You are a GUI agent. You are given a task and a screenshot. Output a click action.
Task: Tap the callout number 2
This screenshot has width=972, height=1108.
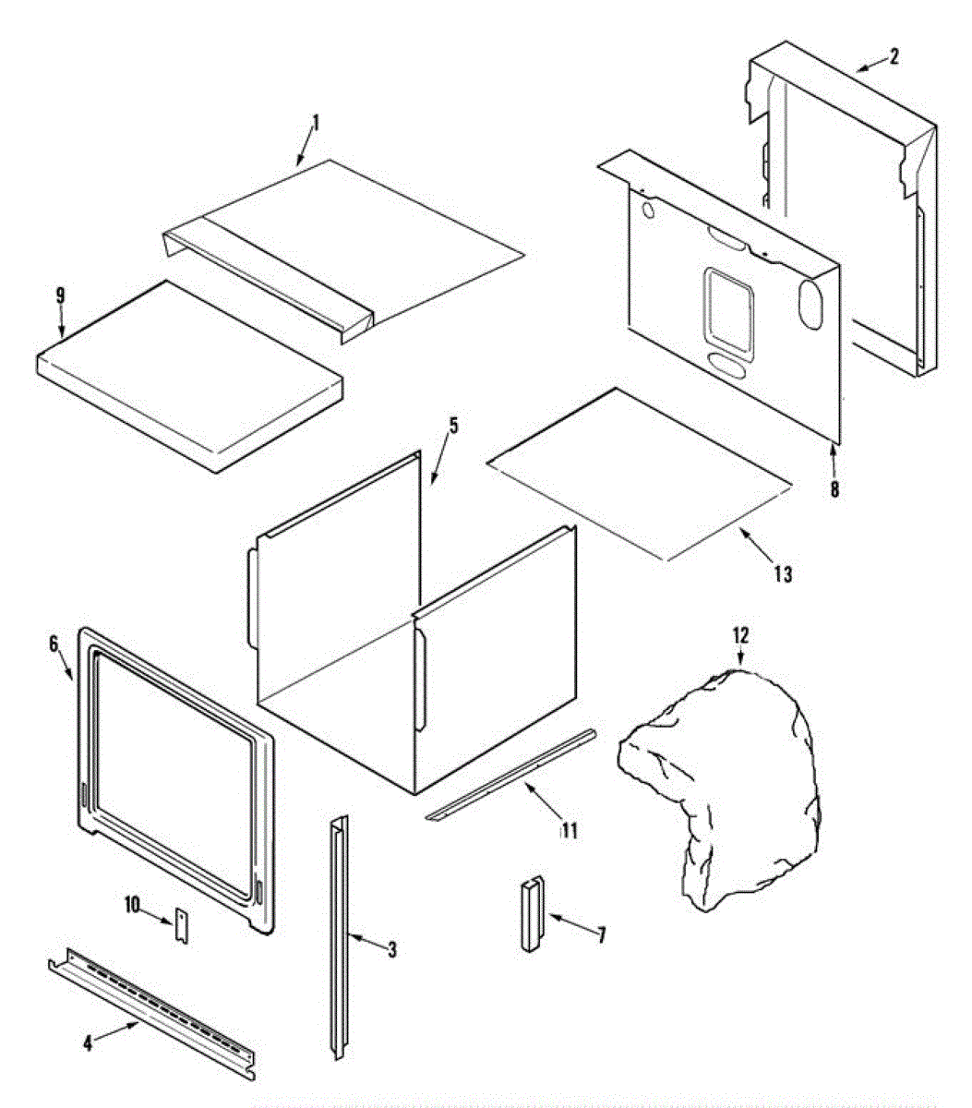894,57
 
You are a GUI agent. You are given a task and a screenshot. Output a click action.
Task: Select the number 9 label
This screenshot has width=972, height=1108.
60,296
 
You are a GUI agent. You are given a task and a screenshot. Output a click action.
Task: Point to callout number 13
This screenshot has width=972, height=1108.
783,574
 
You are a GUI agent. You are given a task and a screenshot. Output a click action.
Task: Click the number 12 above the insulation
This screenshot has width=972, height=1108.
740,636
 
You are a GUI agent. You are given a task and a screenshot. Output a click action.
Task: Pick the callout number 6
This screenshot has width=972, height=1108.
53,643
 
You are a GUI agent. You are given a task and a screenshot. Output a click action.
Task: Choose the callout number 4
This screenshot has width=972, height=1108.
88,1043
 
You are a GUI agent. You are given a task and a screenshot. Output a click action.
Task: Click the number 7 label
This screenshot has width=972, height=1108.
601,935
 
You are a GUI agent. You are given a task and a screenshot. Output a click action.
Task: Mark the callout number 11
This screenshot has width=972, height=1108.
569,831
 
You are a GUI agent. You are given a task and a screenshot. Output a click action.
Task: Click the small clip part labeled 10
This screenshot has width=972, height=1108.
182,926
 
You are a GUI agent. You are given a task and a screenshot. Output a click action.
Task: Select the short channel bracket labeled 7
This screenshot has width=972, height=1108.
533,914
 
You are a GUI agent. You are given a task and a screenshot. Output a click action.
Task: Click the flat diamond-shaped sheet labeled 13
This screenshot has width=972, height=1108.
637,473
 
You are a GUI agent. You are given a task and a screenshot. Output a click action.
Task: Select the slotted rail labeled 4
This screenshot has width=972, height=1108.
152,1014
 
